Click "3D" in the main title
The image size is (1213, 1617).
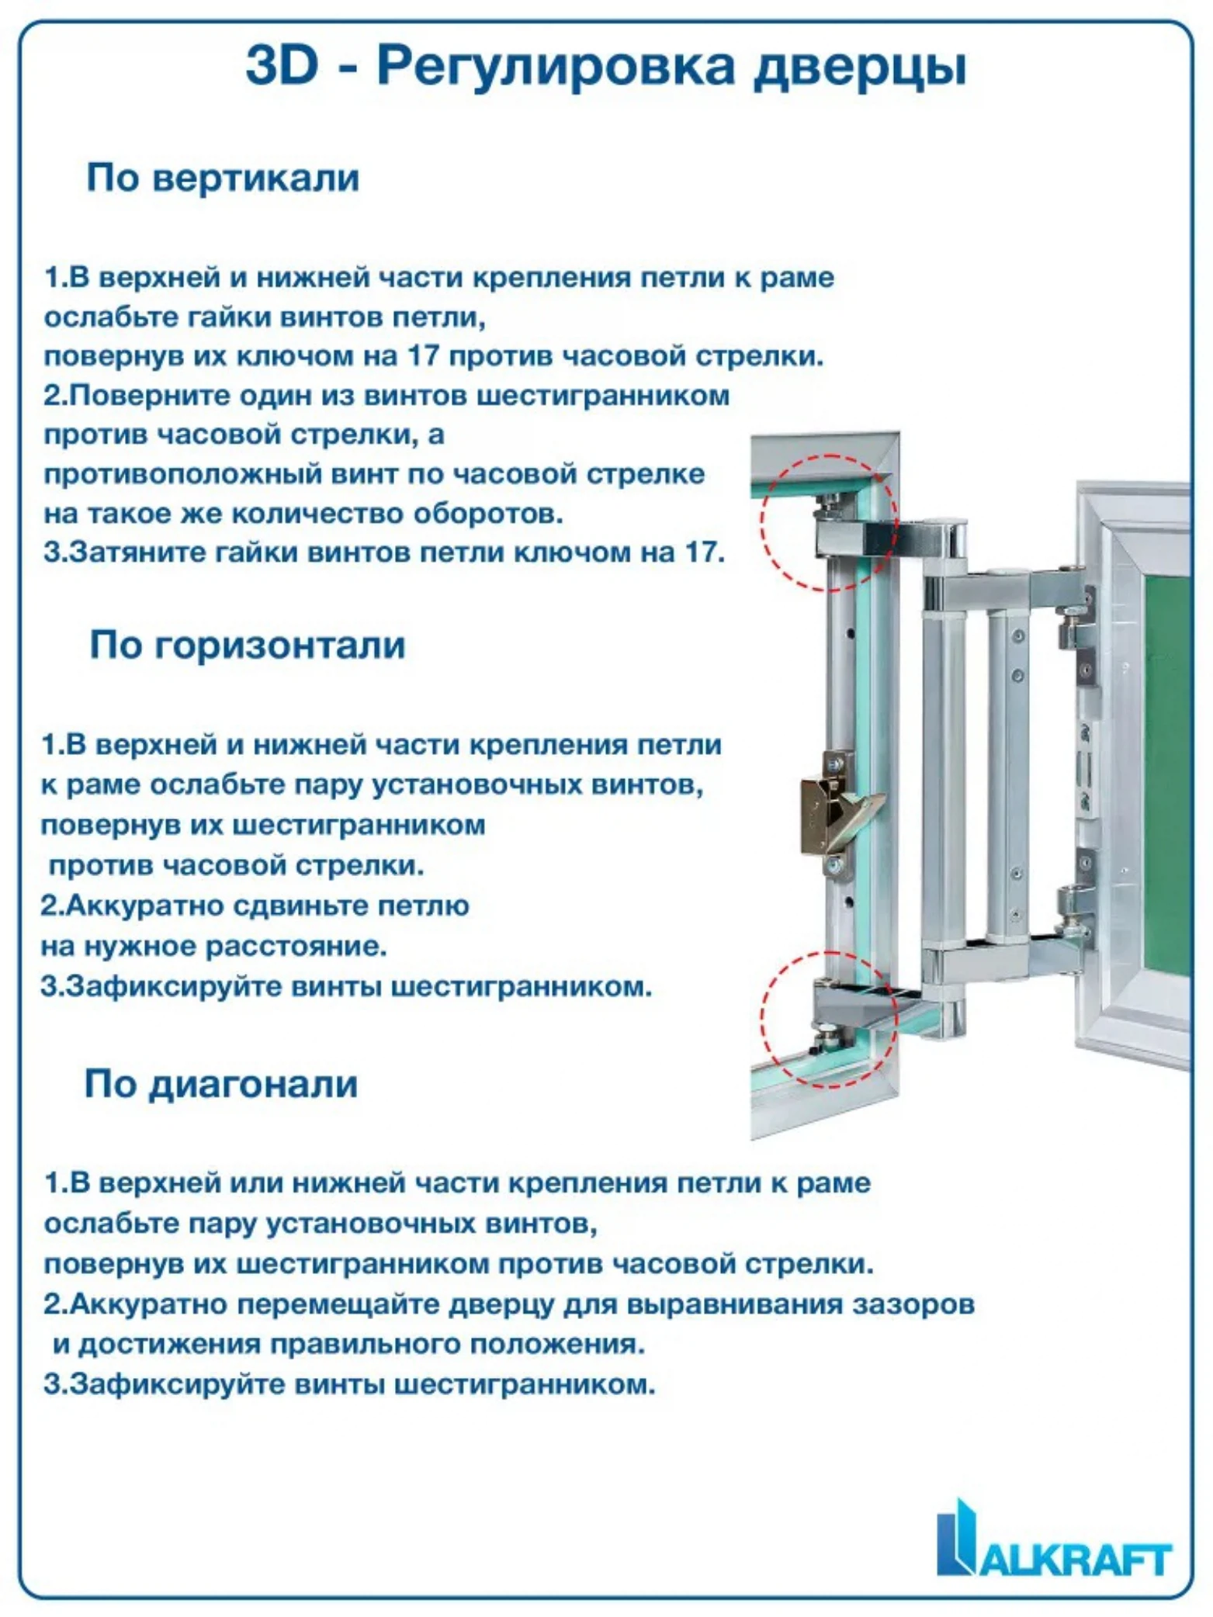point(282,65)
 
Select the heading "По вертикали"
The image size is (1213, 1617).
point(223,178)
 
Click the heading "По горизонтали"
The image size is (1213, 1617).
point(248,645)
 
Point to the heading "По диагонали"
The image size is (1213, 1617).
point(220,1084)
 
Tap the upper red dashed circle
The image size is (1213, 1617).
point(829,521)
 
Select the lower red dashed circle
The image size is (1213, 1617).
point(829,1018)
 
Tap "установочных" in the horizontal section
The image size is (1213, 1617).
point(479,784)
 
